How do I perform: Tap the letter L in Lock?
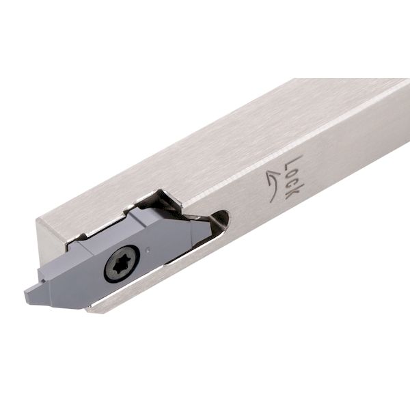293,161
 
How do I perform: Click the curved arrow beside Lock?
272,185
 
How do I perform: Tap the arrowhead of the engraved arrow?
270,175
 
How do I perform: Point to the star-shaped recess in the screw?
120,266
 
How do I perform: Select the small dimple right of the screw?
148,249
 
